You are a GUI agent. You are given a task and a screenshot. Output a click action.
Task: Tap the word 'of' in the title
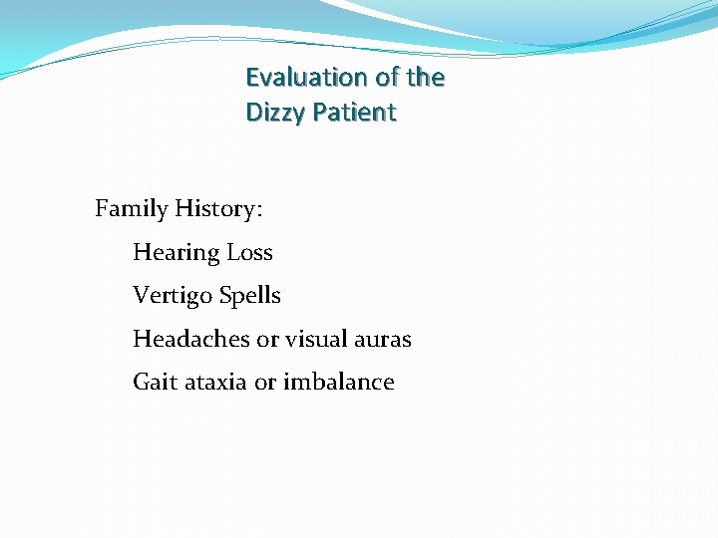[x=388, y=78]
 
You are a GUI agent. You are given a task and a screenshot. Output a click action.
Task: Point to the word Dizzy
[x=275, y=114]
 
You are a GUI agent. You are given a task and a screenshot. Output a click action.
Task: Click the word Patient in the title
[x=354, y=114]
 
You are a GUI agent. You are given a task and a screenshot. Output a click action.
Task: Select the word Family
[x=131, y=209]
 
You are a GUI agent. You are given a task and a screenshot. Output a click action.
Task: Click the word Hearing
[x=176, y=253]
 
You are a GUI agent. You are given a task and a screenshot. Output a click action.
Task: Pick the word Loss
[x=249, y=253]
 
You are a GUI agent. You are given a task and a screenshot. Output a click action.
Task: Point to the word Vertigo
[x=174, y=296]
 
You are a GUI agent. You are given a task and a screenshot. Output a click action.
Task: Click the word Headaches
[x=191, y=339]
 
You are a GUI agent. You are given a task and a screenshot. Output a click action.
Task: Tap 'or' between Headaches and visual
[x=267, y=340]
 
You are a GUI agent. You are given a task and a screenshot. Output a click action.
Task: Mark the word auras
[x=383, y=340]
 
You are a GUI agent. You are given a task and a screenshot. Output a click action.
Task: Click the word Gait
[x=156, y=382]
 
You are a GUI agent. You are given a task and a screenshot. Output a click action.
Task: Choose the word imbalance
[x=339, y=382]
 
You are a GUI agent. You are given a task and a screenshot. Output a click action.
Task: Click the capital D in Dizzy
[x=253, y=114]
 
